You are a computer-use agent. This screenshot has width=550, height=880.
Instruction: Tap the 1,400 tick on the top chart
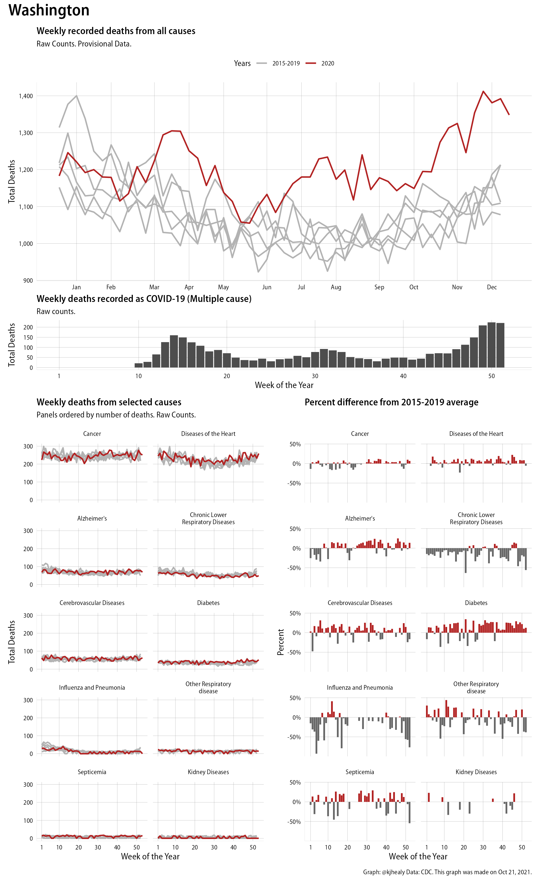pos(26,96)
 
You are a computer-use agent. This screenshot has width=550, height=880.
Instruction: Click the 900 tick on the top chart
pos(28,280)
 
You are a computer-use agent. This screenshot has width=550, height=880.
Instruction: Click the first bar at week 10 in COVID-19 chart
pos(139,365)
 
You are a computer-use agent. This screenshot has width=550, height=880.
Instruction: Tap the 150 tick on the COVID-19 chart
pos(28,337)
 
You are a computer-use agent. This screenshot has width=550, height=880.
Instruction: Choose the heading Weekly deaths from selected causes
pos(109,402)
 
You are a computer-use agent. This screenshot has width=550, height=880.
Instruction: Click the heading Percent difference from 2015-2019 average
pos(391,402)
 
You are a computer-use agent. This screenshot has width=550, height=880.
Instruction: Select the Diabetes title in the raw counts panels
pos(208,603)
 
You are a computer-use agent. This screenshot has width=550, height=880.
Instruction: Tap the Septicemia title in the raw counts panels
pos(92,772)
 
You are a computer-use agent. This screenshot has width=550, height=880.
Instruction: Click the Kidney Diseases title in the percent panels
pos(476,772)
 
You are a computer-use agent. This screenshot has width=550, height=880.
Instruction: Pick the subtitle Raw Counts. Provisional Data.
pos(84,44)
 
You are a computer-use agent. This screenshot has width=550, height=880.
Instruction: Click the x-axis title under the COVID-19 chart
pos(284,385)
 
